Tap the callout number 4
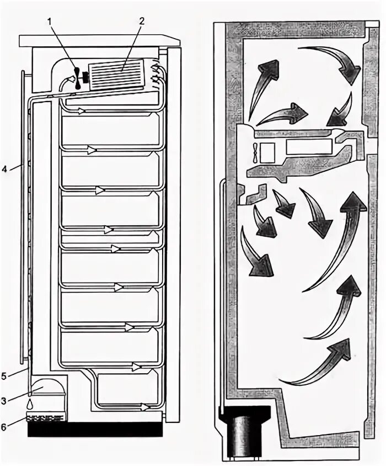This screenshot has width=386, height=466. pyautogui.click(x=4, y=168)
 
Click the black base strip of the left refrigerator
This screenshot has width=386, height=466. pyautogui.click(x=94, y=428)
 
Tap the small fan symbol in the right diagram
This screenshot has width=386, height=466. pyautogui.click(x=253, y=152)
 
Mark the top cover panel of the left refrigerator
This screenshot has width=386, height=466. pyautogui.click(x=99, y=41)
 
